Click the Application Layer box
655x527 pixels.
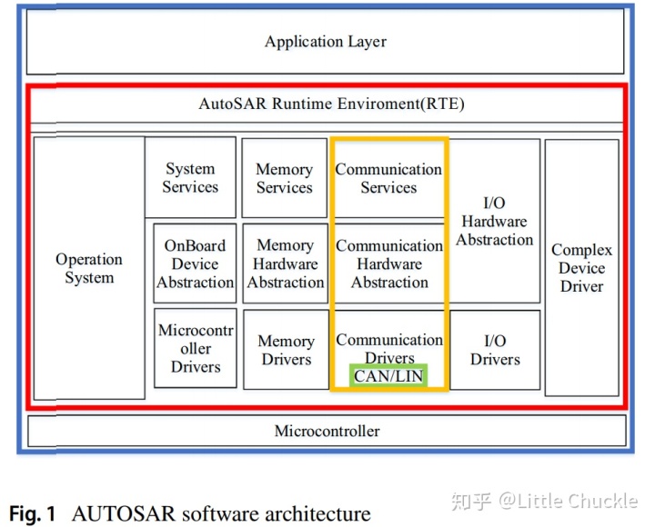click(326, 42)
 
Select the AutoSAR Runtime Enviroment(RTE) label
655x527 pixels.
click(331, 104)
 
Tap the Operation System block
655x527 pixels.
click(88, 269)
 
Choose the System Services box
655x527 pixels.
click(190, 178)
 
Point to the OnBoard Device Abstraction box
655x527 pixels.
click(195, 263)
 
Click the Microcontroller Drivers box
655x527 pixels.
click(195, 348)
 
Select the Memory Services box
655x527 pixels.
click(284, 178)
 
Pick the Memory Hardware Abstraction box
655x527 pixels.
click(285, 263)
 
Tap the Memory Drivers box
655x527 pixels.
click(286, 350)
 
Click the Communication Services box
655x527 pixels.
click(388, 178)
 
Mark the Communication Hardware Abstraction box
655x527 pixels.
click(389, 263)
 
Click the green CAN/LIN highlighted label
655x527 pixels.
click(388, 376)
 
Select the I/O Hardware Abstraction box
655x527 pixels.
click(494, 221)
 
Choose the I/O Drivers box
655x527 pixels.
click(495, 350)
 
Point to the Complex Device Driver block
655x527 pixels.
click(581, 268)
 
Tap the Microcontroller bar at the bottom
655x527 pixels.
click(327, 431)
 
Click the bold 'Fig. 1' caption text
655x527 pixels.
click(33, 514)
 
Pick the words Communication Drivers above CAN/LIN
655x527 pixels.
click(389, 349)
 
